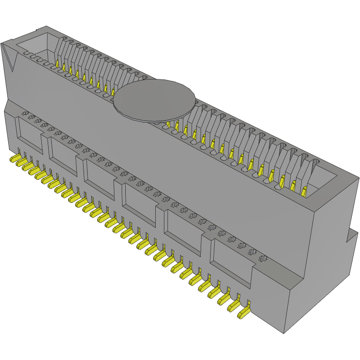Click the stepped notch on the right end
pyautogui.click(x=352, y=237)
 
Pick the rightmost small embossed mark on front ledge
pyautogui.click(x=262, y=258)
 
